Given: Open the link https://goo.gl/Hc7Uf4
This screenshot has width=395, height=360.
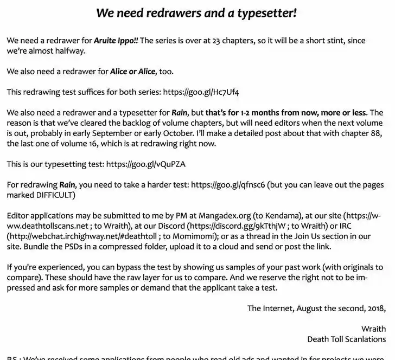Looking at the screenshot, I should tap(201, 92).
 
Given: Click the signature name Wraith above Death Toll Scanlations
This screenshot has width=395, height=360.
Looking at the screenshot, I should tap(373, 329).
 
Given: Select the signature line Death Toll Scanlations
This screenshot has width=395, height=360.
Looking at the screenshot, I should tap(346, 339).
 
